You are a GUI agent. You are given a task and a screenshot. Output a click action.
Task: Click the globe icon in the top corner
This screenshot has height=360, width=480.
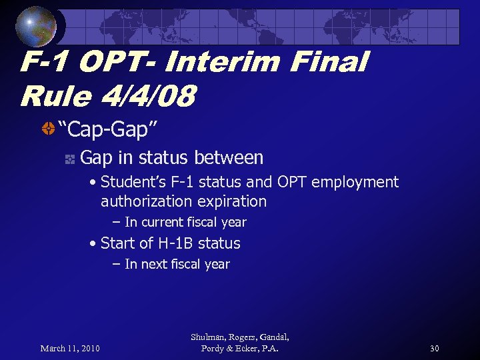point(35,26)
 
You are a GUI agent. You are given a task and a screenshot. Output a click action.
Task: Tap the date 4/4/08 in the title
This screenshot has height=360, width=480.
point(150,97)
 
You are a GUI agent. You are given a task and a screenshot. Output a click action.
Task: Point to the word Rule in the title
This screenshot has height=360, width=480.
point(55,97)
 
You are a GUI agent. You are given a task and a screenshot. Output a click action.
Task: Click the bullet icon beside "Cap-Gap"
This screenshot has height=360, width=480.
point(47,129)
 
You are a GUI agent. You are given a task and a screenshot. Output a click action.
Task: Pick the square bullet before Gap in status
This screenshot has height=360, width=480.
point(69,159)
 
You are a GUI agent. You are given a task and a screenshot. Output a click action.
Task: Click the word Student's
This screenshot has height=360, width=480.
point(133,182)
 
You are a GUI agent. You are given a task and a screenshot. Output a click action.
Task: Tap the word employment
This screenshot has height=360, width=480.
point(357,182)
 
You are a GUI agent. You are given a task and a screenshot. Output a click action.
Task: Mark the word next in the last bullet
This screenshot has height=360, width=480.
point(153,264)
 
